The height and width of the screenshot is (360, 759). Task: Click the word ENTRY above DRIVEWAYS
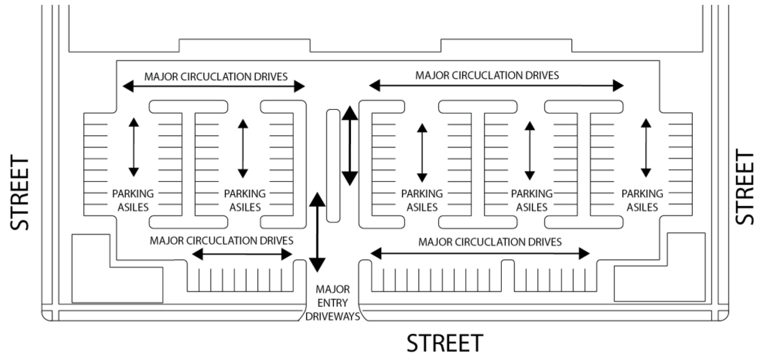coord(333,303)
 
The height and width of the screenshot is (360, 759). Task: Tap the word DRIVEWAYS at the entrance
coord(333,317)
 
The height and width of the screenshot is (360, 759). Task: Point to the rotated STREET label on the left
coord(20,193)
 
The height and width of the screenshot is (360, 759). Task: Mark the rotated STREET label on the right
coord(745,187)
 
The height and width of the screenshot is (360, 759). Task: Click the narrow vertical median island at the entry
coord(333,165)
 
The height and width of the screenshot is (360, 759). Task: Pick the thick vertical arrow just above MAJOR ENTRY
coord(317,232)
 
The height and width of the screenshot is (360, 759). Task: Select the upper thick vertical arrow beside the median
coord(350,146)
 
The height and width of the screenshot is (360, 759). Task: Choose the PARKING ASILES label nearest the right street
coord(642,200)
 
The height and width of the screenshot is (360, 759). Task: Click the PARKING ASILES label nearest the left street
coord(133,200)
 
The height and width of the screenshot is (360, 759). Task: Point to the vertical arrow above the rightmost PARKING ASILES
coord(646,148)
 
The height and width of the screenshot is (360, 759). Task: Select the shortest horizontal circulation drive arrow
coord(242,254)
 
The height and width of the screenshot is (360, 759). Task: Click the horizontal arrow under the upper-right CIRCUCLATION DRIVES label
coord(496,85)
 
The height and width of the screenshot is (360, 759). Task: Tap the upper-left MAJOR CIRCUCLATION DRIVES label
coord(216,77)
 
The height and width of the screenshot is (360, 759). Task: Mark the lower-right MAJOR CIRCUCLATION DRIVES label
coord(490,242)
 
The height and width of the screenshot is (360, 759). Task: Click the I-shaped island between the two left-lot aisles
coord(189,164)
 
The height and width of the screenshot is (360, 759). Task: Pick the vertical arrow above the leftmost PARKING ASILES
coord(134,147)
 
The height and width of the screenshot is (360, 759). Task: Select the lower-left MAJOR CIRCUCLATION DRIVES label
coord(221,241)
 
